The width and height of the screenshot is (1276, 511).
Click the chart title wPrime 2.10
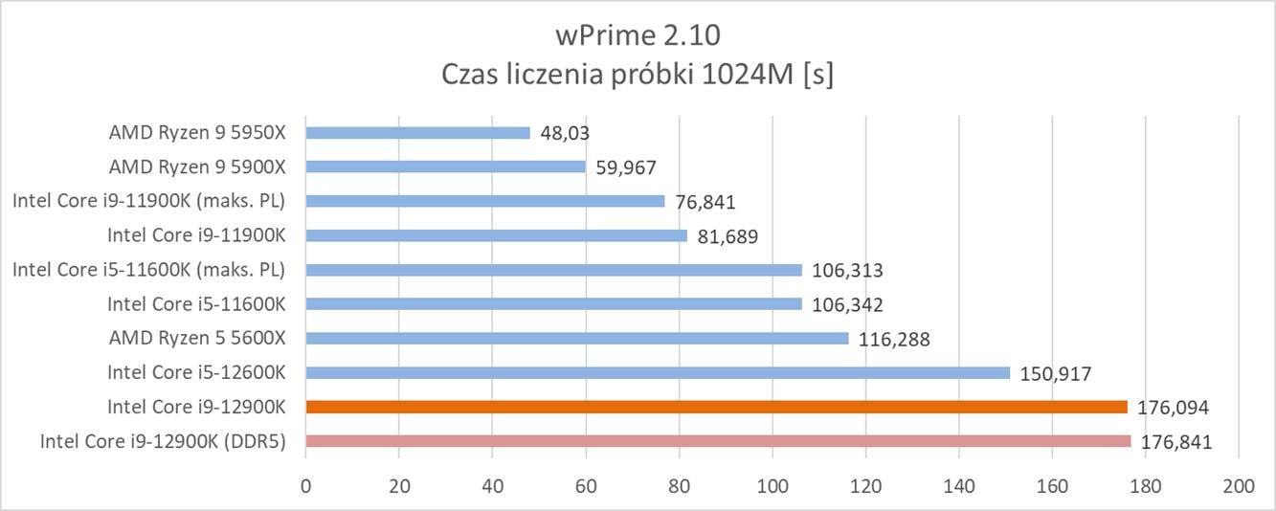point(638,36)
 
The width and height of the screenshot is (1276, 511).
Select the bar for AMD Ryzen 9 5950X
point(417,132)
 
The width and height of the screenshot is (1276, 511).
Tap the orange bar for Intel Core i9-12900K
point(716,407)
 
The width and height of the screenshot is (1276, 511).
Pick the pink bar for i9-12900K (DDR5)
point(718,441)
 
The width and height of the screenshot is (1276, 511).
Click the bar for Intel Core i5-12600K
point(658,372)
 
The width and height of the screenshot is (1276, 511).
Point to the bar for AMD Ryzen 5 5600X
point(576,338)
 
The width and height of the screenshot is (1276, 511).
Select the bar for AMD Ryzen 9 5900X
point(445,167)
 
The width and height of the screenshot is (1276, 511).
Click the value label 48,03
point(565,133)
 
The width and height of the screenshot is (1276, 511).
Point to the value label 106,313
point(846,271)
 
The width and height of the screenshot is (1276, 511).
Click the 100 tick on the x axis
point(772,486)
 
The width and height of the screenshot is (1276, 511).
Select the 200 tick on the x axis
point(1239,486)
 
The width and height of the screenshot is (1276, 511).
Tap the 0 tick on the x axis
point(305,486)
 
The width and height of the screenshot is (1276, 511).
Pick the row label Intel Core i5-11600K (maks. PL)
point(148,270)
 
